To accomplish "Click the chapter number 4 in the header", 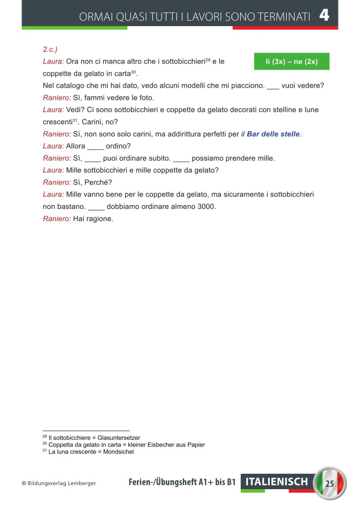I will point(324,16).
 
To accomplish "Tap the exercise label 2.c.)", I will point(50,49).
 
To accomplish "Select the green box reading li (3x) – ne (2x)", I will point(292,62).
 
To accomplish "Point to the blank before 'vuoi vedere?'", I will point(273,86).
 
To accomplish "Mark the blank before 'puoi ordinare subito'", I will point(93,159).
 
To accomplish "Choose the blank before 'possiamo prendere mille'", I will point(181,159).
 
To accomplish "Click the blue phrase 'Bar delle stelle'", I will point(273,134).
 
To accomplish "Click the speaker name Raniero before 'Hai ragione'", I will point(57,219).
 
